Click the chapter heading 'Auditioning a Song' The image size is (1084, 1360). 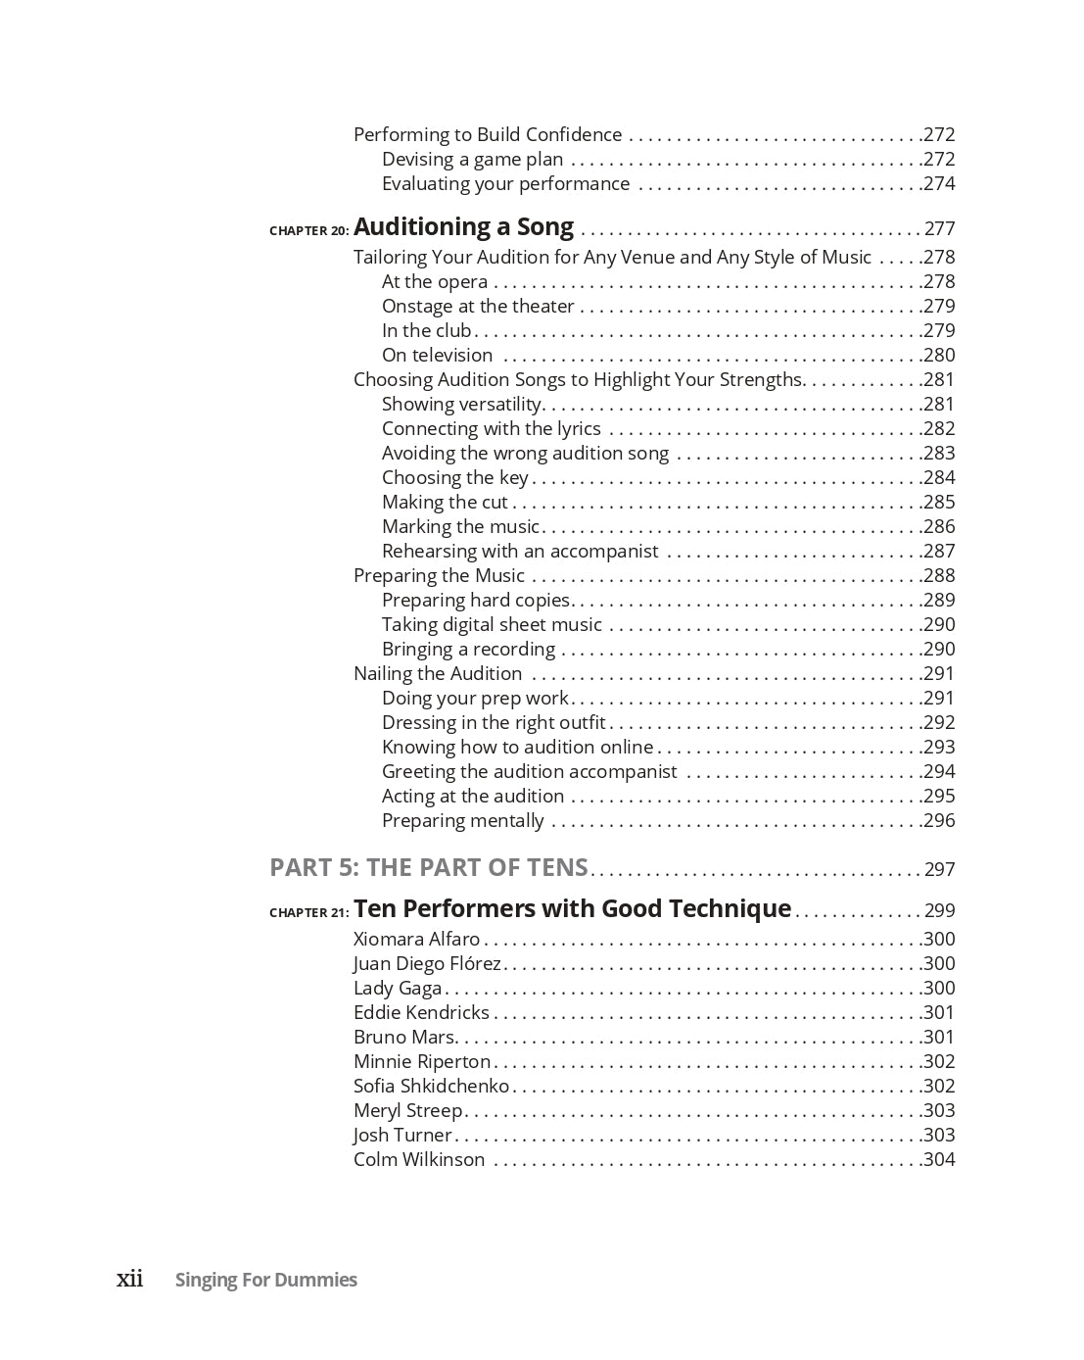(x=463, y=227)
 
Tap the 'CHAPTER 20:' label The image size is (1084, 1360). (x=308, y=231)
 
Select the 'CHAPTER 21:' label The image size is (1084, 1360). (x=308, y=913)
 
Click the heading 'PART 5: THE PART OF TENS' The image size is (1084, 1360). (x=429, y=868)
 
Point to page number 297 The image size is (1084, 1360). (x=939, y=870)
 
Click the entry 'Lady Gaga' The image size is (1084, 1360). (x=398, y=988)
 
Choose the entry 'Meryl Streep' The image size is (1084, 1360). (x=407, y=1110)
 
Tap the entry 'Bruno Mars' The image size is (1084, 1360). (x=404, y=1037)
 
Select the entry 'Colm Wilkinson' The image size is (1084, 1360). (x=419, y=1159)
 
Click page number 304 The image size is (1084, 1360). (x=939, y=1160)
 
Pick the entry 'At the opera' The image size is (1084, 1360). (x=435, y=282)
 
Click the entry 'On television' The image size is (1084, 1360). (x=437, y=356)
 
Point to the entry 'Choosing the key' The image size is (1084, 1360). (x=455, y=478)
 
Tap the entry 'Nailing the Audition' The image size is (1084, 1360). (x=438, y=673)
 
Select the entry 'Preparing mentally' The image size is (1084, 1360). (x=462, y=821)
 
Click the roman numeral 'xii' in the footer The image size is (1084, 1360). (x=130, y=1279)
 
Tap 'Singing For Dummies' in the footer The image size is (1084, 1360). (x=266, y=1280)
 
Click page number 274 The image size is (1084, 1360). (x=939, y=184)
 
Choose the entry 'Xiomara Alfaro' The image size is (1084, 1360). (x=417, y=939)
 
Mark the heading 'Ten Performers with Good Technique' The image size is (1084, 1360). (x=572, y=909)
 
